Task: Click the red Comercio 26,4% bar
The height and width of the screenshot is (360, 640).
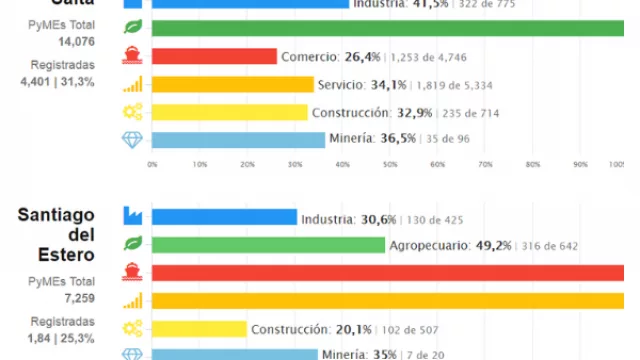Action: pos(214,56)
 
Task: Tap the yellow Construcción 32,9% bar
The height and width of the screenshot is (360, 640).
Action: pos(230,112)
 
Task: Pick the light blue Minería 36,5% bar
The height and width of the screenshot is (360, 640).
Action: pos(239,140)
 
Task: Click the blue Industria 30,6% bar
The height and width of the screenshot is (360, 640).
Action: pos(225,217)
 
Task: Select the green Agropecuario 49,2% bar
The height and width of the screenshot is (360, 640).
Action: pos(269,245)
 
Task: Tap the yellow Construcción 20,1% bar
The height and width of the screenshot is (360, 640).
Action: pos(199,328)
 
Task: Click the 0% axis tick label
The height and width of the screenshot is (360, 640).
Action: pos(152,164)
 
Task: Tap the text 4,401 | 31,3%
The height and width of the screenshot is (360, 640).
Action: pos(49,81)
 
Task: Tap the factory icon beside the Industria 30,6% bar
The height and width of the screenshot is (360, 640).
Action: pos(132,217)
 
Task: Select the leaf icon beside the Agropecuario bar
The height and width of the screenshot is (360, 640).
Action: pos(132,244)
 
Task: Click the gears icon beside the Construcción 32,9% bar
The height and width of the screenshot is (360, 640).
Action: pos(132,112)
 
